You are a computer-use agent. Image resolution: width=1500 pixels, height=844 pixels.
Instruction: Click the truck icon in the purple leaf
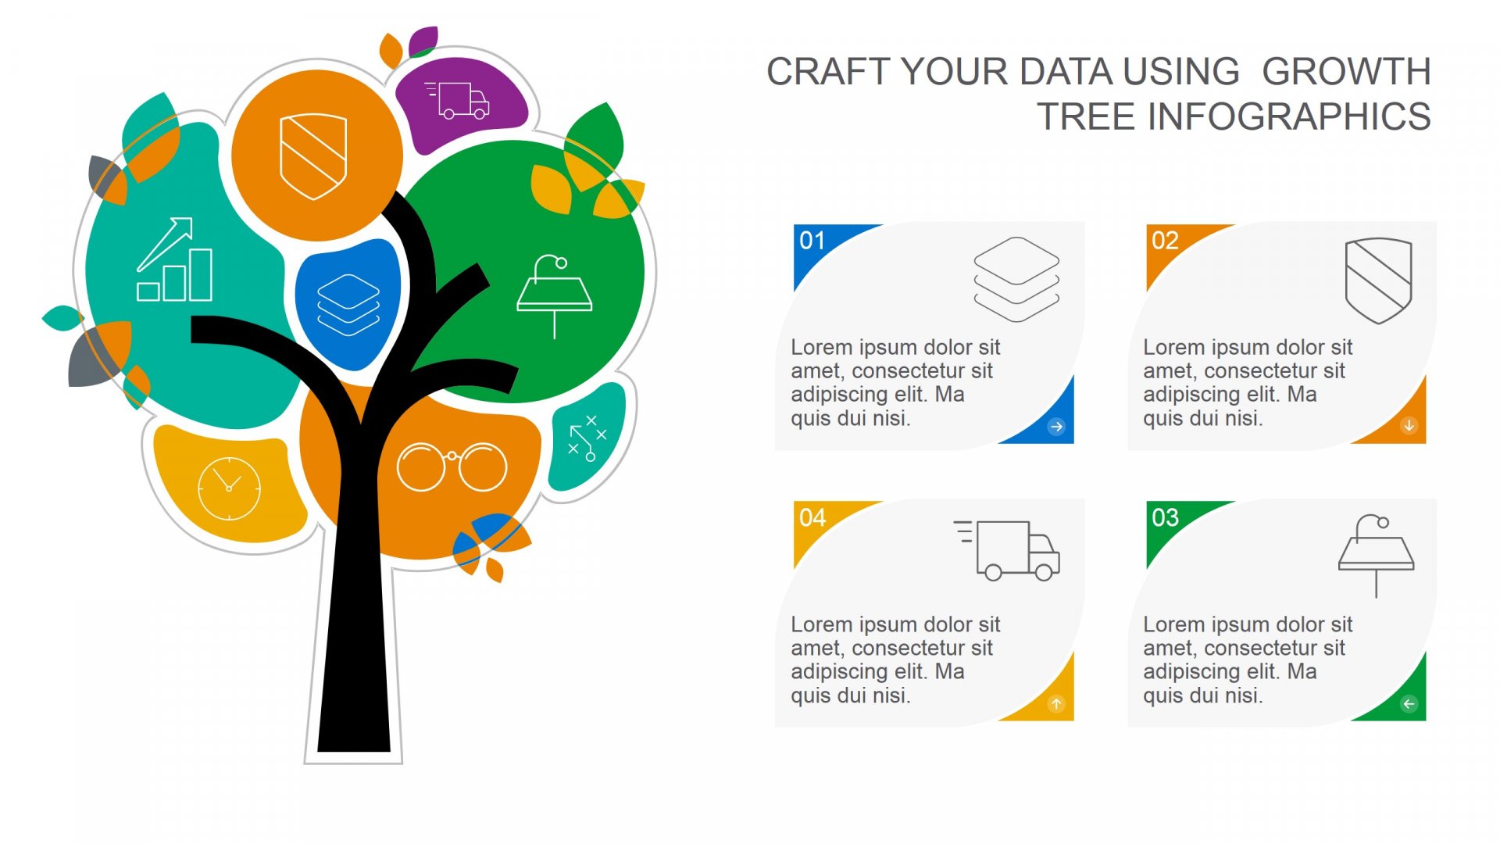[x=458, y=100]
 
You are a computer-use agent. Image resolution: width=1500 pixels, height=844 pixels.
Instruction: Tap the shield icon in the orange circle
[x=313, y=156]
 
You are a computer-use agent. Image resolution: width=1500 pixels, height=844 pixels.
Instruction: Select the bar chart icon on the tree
[x=175, y=259]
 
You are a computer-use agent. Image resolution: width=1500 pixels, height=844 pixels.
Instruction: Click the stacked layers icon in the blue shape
[x=348, y=305]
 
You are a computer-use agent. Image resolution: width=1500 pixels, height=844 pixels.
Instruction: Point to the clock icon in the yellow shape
[x=229, y=488]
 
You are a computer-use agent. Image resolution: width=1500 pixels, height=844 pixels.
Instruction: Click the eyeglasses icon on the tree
[x=452, y=467]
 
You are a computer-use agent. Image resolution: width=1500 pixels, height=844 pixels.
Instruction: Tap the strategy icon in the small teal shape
[x=587, y=438]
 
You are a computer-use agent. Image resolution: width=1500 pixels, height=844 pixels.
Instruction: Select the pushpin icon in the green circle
[x=555, y=296]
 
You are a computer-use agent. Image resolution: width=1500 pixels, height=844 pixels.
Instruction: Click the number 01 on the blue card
[x=812, y=241]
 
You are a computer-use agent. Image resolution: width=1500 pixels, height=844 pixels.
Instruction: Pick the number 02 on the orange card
[x=1165, y=241]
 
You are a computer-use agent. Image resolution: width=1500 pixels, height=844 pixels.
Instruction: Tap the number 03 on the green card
[x=1165, y=517]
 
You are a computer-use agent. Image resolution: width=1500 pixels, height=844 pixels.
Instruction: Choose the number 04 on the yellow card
[x=812, y=517]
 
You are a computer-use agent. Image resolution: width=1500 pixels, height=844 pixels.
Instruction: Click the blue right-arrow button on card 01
[x=1056, y=427]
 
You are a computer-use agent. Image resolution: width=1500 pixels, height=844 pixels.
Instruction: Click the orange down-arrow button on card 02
[x=1409, y=426]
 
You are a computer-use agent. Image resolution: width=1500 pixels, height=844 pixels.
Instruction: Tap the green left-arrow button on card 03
[x=1409, y=704]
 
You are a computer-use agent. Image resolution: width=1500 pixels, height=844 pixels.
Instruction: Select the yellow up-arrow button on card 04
[x=1056, y=704]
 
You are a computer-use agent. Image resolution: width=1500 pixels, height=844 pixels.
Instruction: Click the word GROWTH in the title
[x=1346, y=72]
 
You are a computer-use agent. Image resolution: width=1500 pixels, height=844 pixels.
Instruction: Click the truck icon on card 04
[x=1007, y=550]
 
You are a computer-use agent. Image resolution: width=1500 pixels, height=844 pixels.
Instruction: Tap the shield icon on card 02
[x=1379, y=281]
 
